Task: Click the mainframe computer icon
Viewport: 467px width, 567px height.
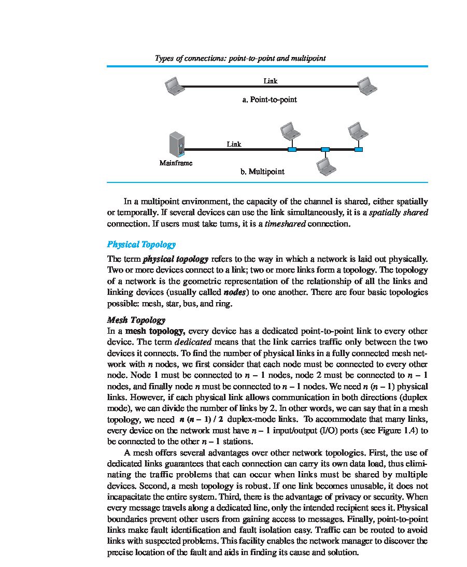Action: tap(176, 145)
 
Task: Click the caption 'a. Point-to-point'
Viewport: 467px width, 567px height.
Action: tap(270, 100)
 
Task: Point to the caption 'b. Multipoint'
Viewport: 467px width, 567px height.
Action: tap(262, 172)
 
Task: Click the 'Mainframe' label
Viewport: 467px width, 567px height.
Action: tap(176, 163)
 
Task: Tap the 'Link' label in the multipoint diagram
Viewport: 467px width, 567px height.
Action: tap(234, 144)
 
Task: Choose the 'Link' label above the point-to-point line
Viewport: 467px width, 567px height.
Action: tap(271, 81)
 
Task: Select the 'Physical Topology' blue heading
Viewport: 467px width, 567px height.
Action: tap(141, 244)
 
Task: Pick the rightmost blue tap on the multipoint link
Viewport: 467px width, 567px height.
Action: tap(358, 150)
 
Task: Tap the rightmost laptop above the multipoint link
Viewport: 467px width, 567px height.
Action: tap(358, 131)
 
